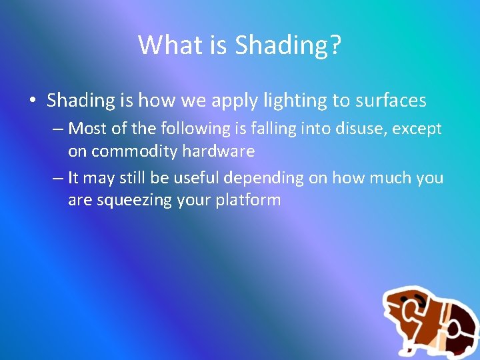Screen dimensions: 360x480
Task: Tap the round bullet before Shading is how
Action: (33, 101)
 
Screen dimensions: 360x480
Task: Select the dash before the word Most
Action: (58, 128)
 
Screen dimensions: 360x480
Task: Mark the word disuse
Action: (356, 127)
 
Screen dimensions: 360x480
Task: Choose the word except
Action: (417, 128)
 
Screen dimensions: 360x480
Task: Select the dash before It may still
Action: (58, 178)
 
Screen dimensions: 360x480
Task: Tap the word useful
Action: (196, 177)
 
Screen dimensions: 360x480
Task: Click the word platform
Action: (248, 201)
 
